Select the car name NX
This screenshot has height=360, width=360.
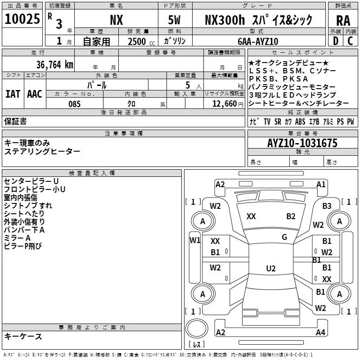tap(116, 21)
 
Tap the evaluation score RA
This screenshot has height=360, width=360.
tap(343, 21)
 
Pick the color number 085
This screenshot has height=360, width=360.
tap(74, 104)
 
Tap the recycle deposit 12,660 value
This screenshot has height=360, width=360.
tap(223, 104)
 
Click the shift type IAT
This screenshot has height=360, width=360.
tap(13, 94)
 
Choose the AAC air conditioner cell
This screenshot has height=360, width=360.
tap(35, 94)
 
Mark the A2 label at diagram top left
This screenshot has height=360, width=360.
tap(220, 184)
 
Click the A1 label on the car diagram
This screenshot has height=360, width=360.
tap(321, 184)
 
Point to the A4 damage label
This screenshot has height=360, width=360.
tap(320, 333)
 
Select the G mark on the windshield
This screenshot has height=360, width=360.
tap(284, 237)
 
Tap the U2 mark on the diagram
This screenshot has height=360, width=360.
tap(270, 269)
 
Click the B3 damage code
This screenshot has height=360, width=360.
tap(327, 206)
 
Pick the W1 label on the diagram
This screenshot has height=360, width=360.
tap(194, 240)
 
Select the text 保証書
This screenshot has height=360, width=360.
tap(15, 121)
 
